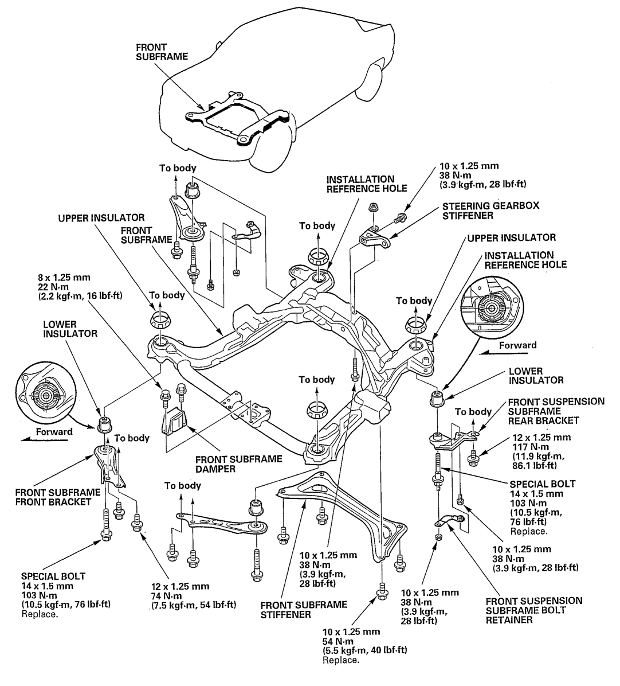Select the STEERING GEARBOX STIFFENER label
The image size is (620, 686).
[x=474, y=210]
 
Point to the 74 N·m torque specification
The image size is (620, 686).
[x=176, y=595]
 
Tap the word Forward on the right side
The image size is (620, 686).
[x=517, y=345]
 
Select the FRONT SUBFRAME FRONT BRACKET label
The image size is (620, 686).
[x=57, y=497]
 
